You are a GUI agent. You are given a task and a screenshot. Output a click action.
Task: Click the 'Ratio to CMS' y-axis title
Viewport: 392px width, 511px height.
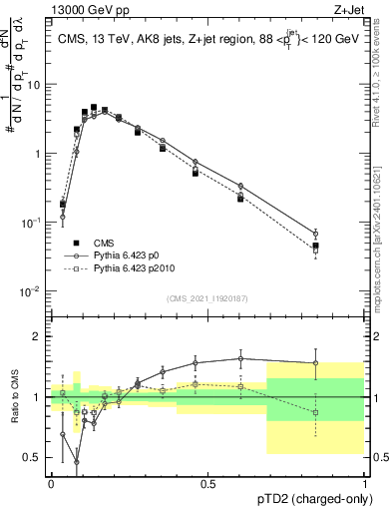14,397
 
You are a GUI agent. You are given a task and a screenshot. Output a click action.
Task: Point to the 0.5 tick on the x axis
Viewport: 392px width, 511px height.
207,482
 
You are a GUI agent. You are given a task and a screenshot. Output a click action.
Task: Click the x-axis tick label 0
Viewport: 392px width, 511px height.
51,482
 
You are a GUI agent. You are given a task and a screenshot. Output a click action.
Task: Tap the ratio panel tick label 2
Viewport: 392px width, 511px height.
38,336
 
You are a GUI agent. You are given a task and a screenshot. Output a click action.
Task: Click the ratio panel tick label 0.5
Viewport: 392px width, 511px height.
34,458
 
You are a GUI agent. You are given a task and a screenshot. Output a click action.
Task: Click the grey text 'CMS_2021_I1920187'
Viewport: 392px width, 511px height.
207,298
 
